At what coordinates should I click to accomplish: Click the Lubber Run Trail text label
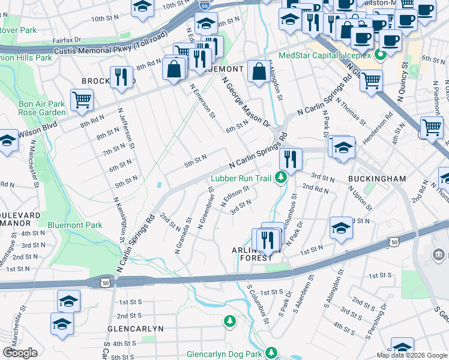click(x=241, y=178)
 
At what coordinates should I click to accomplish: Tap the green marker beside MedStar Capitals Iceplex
click(x=379, y=56)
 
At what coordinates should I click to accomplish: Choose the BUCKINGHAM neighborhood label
click(x=376, y=179)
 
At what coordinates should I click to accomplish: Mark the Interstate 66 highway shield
click(x=205, y=5)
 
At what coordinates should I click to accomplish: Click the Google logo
click(x=20, y=353)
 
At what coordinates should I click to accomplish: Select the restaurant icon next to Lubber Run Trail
click(x=290, y=160)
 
